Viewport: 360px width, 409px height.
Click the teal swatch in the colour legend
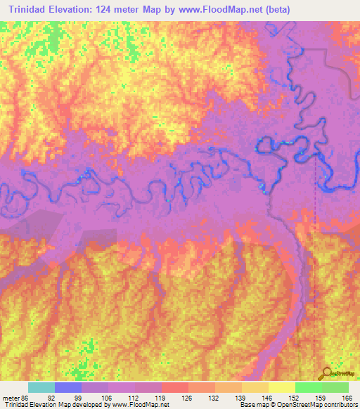coord(41,387)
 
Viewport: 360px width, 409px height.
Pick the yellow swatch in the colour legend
coord(281,387)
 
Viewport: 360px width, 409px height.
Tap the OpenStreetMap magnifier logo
coord(326,374)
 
